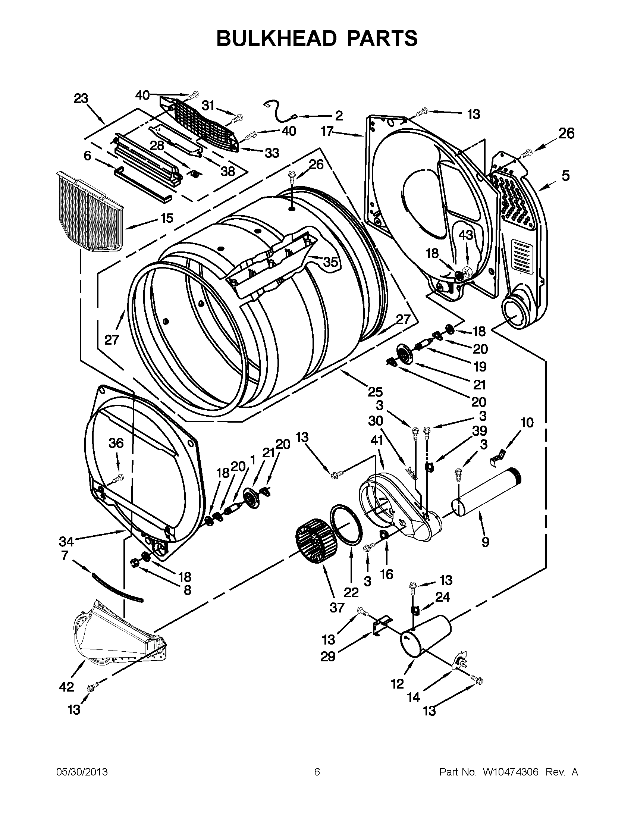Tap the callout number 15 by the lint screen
167,218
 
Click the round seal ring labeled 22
346,525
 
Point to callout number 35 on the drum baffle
330,262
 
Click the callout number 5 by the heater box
565,176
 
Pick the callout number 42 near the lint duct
66,687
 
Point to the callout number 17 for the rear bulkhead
327,131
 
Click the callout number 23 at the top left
81,98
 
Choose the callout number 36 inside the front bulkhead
116,443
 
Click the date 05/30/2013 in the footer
82,772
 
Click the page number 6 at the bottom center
317,772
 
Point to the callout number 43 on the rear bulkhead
466,235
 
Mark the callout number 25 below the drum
375,392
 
